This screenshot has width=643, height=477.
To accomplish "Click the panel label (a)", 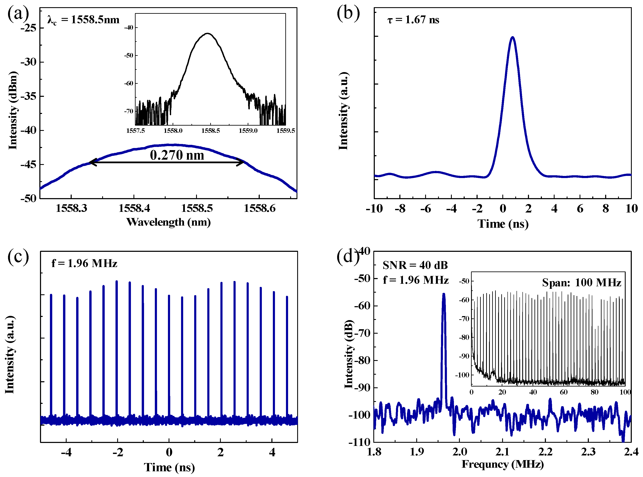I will pyautogui.click(x=18, y=14).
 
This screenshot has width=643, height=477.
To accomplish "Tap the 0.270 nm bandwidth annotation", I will pyautogui.click(x=177, y=155).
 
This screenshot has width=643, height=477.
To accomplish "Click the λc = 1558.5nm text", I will pyautogui.click(x=83, y=20).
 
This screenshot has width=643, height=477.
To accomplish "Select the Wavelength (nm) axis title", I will pyautogui.click(x=168, y=222).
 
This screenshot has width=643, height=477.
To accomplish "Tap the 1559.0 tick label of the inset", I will pyautogui.click(x=248, y=130).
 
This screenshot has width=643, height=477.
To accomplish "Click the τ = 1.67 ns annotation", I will pyautogui.click(x=413, y=20).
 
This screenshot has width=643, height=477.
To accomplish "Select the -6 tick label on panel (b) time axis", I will pyautogui.click(x=426, y=208).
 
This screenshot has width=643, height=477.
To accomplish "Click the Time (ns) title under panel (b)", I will pyautogui.click(x=503, y=224).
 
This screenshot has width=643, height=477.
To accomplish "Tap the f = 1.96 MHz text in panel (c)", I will pyautogui.click(x=84, y=263).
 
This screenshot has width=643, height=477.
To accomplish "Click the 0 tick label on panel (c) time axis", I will pyautogui.click(x=169, y=452).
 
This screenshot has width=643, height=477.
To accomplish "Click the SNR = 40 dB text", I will pyautogui.click(x=415, y=265).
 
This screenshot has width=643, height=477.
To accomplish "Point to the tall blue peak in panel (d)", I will pyautogui.click(x=444, y=295).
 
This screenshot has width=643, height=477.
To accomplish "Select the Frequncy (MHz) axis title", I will pyautogui.click(x=503, y=464).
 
